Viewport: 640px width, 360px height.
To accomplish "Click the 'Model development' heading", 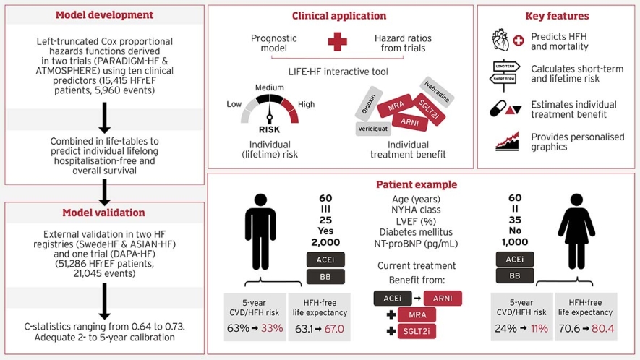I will pos(104,15).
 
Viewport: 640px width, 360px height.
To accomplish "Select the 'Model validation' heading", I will pos(104,213).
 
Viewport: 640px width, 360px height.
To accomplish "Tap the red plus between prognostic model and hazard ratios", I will pos(337,43).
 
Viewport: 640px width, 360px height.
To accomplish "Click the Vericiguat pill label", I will pos(374,129).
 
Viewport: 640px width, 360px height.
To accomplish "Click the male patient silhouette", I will pos(260,231).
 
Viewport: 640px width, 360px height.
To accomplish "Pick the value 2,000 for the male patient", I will pos(325,242).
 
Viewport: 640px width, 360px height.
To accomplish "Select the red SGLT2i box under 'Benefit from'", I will pos(417,331).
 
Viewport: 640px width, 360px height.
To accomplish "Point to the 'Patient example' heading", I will pos(417,184).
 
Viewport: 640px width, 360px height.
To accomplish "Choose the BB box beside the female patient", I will pos(515,275).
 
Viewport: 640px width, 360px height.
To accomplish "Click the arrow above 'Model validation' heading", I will pos(104,191).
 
